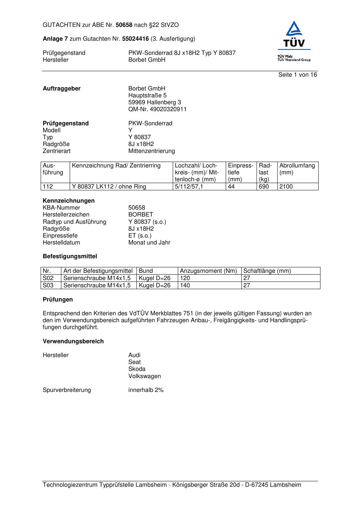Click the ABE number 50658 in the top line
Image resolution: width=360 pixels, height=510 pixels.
(124, 25)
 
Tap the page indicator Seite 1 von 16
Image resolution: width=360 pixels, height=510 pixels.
(298, 75)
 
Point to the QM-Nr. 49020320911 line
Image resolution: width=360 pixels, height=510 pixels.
(157, 109)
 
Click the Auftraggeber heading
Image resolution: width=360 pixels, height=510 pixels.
(62, 89)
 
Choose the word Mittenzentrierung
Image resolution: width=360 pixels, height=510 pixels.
(151, 151)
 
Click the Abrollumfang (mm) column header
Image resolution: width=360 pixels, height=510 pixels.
(297, 169)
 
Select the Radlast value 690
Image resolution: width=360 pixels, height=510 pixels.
(264, 187)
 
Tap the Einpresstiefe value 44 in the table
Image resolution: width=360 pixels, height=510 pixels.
(231, 187)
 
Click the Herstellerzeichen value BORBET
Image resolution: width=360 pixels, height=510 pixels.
(141, 215)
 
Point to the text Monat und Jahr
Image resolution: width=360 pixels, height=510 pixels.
(149, 243)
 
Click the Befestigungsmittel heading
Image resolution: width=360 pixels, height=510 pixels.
(70, 256)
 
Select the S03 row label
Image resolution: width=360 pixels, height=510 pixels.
(48, 286)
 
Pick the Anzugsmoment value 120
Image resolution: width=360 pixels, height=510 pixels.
(185, 278)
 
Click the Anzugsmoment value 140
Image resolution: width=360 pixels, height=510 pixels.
(185, 286)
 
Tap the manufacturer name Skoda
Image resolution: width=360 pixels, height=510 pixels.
(137, 369)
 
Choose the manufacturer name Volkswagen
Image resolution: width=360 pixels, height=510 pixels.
(144, 376)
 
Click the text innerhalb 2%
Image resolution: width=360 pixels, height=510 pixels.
(146, 390)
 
